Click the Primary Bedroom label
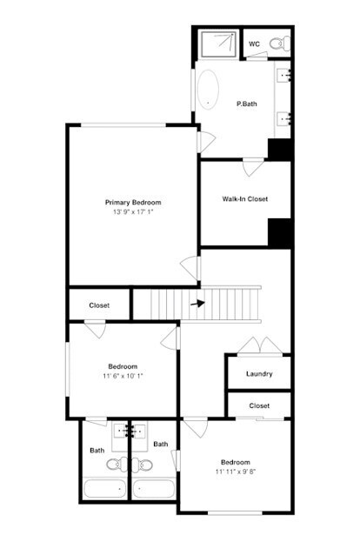click(x=133, y=203)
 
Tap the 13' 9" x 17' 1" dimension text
click(x=133, y=212)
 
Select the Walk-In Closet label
click(x=244, y=199)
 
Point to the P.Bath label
click(x=247, y=104)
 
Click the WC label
click(x=255, y=43)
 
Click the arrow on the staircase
click(x=197, y=304)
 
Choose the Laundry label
click(x=259, y=374)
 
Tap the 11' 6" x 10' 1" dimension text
click(x=123, y=376)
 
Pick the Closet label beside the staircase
click(x=99, y=305)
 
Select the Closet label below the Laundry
click(x=259, y=406)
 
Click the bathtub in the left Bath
click(x=105, y=490)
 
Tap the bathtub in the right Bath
click(x=153, y=490)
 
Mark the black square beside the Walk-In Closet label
click(x=279, y=233)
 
